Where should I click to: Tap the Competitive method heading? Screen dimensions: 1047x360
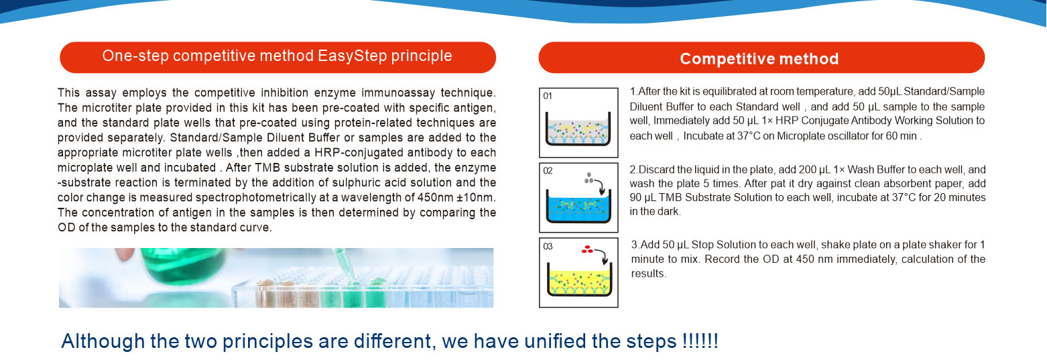759,59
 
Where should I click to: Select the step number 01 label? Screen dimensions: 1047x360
548,96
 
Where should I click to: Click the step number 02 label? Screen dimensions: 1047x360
548,171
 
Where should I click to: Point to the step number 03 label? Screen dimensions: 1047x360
548,247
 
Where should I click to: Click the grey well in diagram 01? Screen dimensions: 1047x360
578,129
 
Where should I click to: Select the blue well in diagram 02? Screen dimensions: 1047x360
578,208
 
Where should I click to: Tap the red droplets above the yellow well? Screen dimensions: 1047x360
587,249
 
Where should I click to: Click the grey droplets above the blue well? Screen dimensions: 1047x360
589,178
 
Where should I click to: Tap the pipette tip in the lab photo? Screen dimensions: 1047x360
351,276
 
